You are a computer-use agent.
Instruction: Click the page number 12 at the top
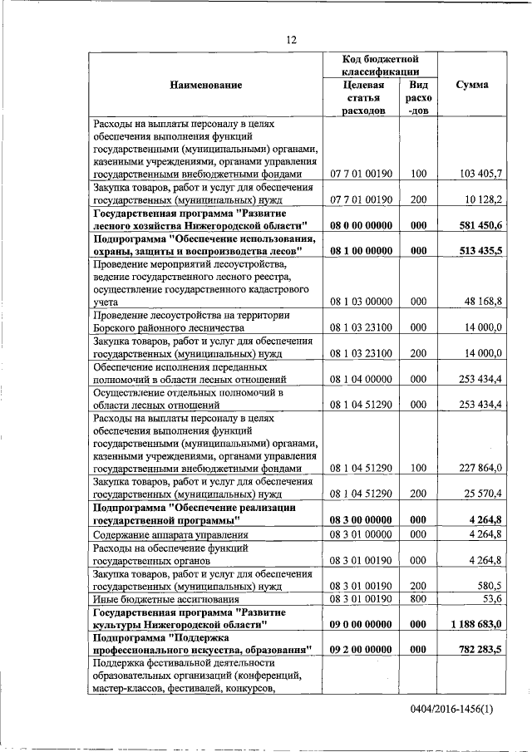[291, 39]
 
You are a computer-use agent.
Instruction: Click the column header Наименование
[205, 86]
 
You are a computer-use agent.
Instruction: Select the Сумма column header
[472, 86]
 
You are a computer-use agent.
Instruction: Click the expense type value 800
[418, 598]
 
